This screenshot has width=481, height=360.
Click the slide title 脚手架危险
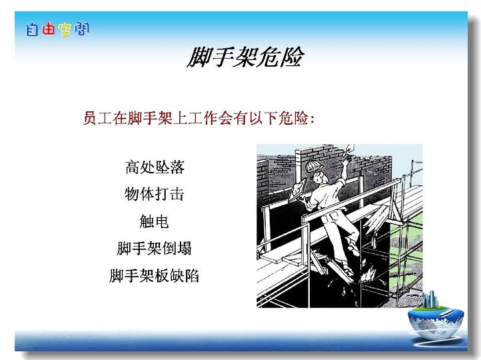click(x=245, y=57)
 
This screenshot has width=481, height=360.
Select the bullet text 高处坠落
click(x=155, y=167)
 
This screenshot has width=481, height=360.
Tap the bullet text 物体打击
click(x=155, y=194)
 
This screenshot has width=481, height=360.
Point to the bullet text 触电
click(x=154, y=221)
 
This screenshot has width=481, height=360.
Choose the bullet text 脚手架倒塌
click(x=155, y=248)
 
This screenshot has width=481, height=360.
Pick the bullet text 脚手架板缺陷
click(x=155, y=275)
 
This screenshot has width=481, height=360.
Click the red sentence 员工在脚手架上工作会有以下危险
click(x=196, y=118)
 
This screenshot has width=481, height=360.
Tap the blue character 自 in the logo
click(x=32, y=29)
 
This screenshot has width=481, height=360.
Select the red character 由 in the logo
click(x=48, y=29)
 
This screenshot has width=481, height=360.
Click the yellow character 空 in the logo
click(x=65, y=30)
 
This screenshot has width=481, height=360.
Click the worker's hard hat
click(x=314, y=166)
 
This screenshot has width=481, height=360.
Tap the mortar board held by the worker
click(x=298, y=191)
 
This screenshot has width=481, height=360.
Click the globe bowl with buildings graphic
click(x=436, y=319)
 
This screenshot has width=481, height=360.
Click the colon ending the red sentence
click(x=312, y=119)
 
